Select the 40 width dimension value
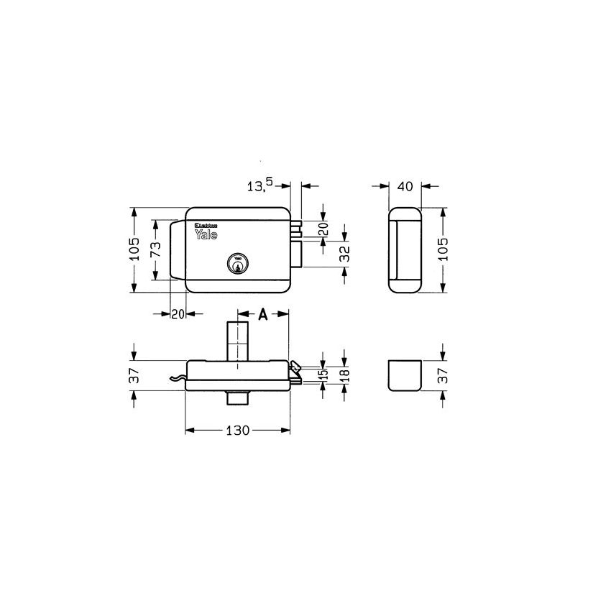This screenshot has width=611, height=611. pos(405,186)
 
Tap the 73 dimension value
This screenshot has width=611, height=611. pos(154,251)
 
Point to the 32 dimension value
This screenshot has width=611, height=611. pos(344,253)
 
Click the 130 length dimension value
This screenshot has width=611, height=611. pos(237,431)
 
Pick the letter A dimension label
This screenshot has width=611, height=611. pos(263,314)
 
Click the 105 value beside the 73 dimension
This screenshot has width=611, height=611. pos(134,251)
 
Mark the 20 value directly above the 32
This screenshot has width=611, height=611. pos(323,230)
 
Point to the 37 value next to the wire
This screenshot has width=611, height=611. pos(134,375)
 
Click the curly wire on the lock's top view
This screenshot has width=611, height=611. pos(175,379)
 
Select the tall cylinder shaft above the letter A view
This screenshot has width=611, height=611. pos(237,341)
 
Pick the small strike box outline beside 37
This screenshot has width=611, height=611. pos(403,375)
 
